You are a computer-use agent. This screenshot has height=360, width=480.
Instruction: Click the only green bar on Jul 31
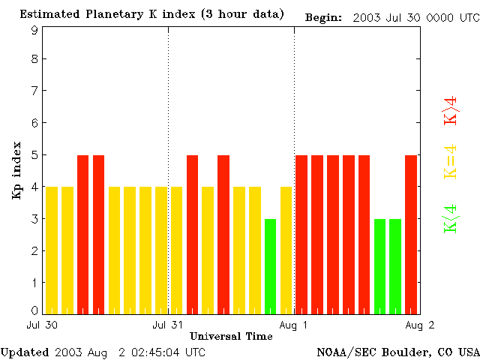[x=270, y=265]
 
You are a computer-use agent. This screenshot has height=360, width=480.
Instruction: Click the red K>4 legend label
[x=451, y=111]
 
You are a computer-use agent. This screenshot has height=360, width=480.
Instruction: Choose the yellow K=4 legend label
[x=451, y=162]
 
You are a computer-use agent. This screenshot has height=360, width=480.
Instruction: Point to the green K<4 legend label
[x=451, y=218]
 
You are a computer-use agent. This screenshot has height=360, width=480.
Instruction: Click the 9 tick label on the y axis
[x=34, y=31]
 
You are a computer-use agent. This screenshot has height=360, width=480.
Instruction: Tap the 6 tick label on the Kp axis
[x=34, y=123]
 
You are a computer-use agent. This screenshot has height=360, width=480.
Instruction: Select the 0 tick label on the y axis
[x=34, y=310]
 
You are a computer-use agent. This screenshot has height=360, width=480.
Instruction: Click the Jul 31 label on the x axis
[x=167, y=325]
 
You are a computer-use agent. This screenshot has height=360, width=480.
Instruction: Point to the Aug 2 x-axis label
[x=420, y=325]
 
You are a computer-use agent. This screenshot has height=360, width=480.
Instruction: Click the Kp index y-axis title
[x=16, y=170]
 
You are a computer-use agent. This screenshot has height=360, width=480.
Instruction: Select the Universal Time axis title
[x=231, y=336]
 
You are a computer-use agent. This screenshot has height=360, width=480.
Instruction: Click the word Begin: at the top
[x=323, y=16]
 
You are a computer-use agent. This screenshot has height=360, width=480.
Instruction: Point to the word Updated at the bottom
[x=25, y=352]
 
